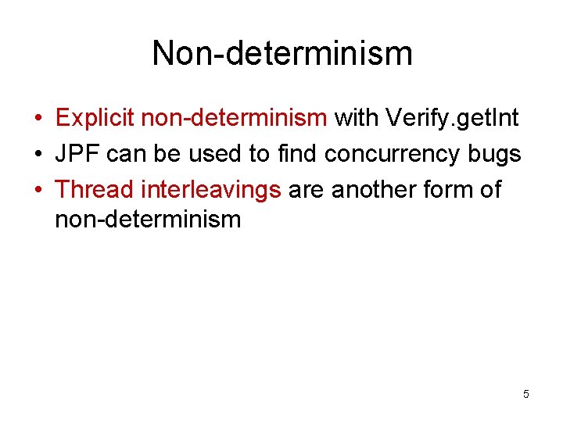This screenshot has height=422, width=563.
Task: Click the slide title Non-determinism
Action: coord(281,53)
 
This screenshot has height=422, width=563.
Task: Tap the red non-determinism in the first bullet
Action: coord(234,118)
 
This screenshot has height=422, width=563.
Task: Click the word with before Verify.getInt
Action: coord(357,118)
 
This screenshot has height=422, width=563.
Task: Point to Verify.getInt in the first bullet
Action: coord(452,118)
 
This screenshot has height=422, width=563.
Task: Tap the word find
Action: coord(297,154)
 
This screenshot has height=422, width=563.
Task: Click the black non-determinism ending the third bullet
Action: coord(148,219)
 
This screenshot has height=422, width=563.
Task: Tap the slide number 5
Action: coord(526,394)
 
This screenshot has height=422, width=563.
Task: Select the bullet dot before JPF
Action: coord(38,155)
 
